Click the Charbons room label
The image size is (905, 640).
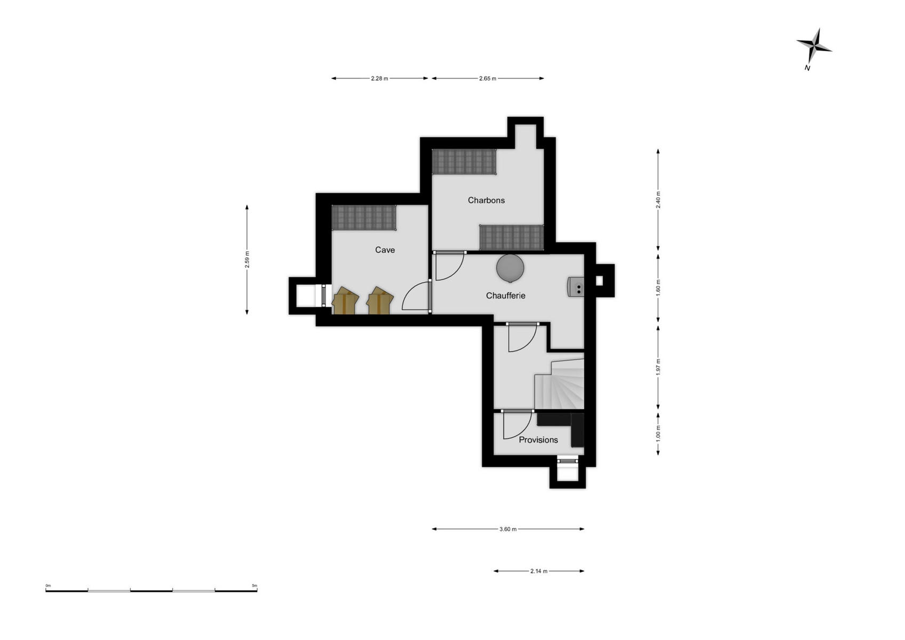pos(486,201)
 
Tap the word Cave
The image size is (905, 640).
pos(385,250)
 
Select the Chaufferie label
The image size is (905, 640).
pos(505,295)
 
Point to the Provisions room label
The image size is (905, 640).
pos(538,439)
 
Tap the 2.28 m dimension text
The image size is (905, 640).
pos(379,78)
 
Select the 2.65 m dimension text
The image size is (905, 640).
pos(488,78)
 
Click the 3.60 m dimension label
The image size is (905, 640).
pos(508,529)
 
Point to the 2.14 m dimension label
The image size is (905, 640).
pos(539,571)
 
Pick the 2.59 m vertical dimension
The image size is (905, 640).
pos(247,260)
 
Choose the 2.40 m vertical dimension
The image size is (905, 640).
pos(658,200)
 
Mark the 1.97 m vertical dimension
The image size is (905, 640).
pos(658,367)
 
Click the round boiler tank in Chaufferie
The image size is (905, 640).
pos(510,268)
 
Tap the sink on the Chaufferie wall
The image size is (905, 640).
pos(576,287)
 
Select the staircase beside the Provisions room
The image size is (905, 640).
pos(560,383)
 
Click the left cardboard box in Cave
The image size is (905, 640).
pos(345,300)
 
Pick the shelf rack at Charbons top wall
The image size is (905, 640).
pos(464,162)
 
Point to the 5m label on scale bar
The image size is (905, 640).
pos(254,586)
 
